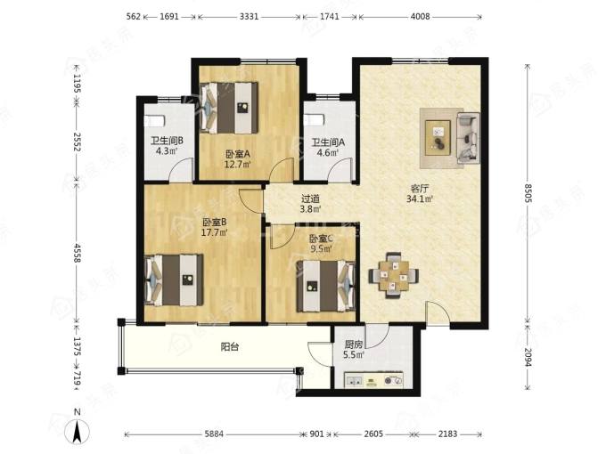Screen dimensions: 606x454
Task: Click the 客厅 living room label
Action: [420, 189]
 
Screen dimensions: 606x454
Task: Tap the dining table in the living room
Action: [393, 276]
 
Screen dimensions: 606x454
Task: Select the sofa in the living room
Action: [468, 138]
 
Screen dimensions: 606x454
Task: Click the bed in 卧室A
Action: [229, 108]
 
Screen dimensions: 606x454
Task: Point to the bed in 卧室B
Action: [174, 280]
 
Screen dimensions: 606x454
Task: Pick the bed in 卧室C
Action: [326, 286]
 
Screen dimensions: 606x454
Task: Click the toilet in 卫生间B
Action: [154, 120]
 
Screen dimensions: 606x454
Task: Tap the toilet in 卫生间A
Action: [314, 119]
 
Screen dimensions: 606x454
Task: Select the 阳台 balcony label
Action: [230, 347]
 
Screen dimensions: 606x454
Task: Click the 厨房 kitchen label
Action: [354, 345]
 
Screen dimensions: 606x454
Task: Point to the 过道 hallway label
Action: [311, 199]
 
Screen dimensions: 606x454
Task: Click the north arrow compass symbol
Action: [78, 429]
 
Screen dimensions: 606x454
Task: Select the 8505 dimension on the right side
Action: [528, 192]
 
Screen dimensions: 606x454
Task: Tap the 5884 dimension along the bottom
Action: [214, 434]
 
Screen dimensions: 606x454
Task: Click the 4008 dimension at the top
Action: [420, 17]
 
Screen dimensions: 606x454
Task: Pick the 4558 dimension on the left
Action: [77, 253]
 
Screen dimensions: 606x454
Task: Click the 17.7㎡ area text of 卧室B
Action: [214, 232]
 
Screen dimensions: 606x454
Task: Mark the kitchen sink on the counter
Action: [355, 381]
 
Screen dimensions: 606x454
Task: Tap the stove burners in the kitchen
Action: [393, 381]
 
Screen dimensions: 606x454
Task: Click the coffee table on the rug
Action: [438, 138]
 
